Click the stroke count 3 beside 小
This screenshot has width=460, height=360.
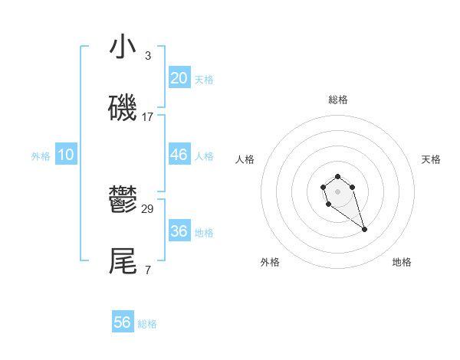click(148, 56)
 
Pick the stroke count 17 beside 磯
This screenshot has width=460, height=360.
click(148, 117)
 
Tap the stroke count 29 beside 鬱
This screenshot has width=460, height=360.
click(148, 209)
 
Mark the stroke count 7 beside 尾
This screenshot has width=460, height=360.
click(148, 270)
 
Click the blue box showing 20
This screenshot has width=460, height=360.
click(179, 78)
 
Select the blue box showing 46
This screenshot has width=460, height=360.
click(179, 155)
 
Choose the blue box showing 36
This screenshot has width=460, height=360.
click(179, 231)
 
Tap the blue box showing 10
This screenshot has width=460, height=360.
click(66, 155)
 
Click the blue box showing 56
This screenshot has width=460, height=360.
click(123, 322)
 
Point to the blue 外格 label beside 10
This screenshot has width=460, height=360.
click(41, 156)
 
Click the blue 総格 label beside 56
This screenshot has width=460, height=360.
click(147, 324)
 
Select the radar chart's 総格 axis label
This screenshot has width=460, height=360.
click(338, 100)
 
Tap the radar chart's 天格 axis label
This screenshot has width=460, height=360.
click(431, 159)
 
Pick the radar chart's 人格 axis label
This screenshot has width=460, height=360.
click(245, 159)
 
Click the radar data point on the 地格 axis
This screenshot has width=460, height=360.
click(365, 229)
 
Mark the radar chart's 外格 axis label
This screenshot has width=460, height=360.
click(270, 262)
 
